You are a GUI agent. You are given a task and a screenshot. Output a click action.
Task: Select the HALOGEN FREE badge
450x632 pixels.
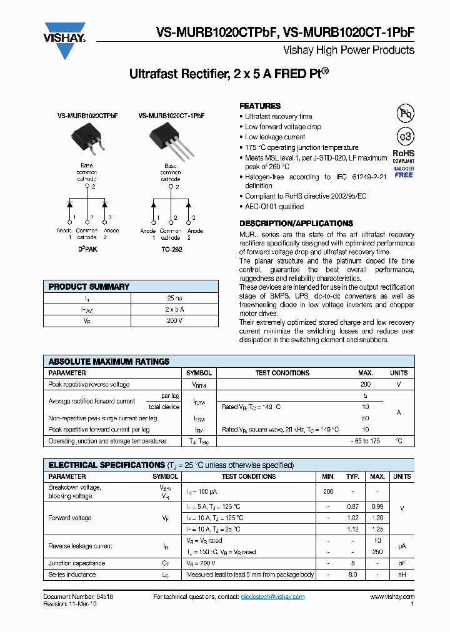[403, 172]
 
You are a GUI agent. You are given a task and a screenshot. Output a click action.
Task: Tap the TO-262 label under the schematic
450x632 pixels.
[170, 249]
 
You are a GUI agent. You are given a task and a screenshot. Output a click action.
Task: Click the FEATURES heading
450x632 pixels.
[260, 106]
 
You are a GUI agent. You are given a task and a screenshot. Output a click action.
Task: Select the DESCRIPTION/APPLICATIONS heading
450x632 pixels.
[296, 223]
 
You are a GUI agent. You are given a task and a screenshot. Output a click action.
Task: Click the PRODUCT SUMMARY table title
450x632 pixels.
[89, 287]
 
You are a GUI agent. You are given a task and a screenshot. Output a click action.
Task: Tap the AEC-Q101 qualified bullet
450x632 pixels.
[274, 207]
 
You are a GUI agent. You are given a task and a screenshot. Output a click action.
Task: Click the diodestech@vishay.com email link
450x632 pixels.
[272, 597]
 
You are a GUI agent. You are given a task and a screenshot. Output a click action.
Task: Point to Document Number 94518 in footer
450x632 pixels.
[78, 597]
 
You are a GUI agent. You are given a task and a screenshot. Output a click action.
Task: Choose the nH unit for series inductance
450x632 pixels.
[401, 575]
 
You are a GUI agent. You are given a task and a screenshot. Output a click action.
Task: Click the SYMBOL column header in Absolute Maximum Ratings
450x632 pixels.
[198, 373]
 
